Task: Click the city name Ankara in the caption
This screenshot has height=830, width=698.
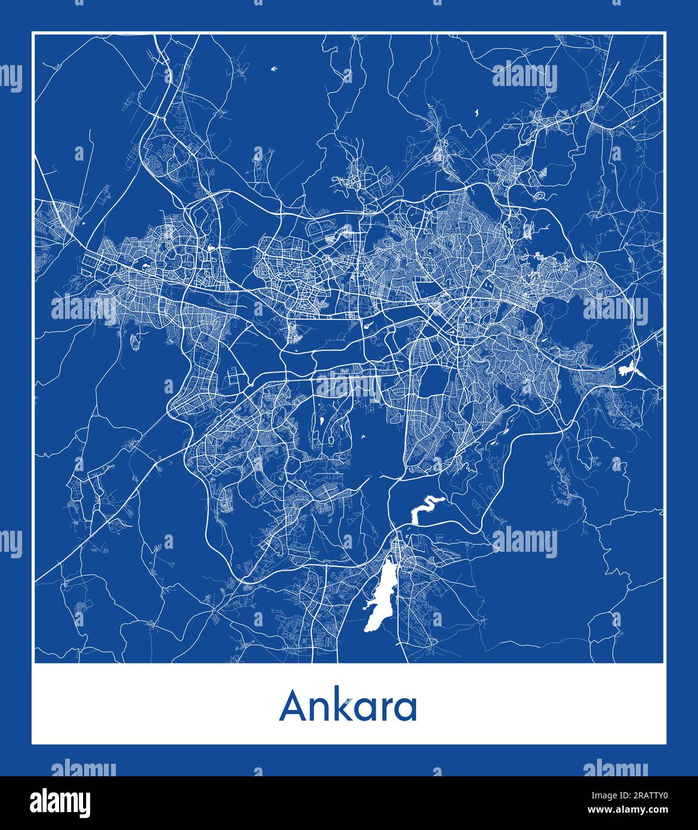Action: tap(348, 706)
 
